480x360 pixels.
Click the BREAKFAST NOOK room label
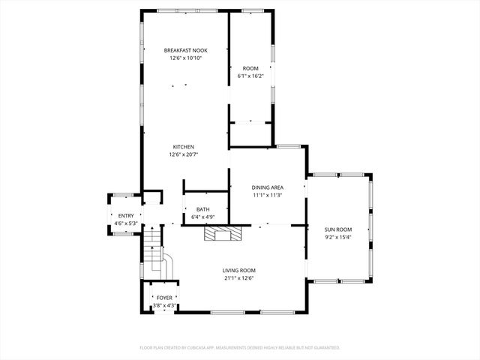point(184,50)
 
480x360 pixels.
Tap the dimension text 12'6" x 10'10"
point(184,58)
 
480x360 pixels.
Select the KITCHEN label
point(184,146)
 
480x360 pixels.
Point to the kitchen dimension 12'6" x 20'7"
point(184,154)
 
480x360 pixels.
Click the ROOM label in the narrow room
point(250,68)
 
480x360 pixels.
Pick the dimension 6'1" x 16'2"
point(250,76)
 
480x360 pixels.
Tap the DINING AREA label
point(266,187)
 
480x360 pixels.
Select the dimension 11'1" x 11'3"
point(266,196)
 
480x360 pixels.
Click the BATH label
point(203,209)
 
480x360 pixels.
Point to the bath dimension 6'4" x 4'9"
point(203,217)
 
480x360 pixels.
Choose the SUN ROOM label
point(337,229)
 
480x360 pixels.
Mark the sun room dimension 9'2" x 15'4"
point(337,238)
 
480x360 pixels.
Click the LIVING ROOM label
point(238,270)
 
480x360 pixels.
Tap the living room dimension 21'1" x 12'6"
point(238,278)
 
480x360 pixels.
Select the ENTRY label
point(125,216)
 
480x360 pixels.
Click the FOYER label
point(163,298)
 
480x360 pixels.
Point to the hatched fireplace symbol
point(223,235)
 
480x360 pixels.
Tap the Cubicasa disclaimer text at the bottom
point(240,348)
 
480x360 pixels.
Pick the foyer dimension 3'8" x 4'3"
point(163,305)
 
